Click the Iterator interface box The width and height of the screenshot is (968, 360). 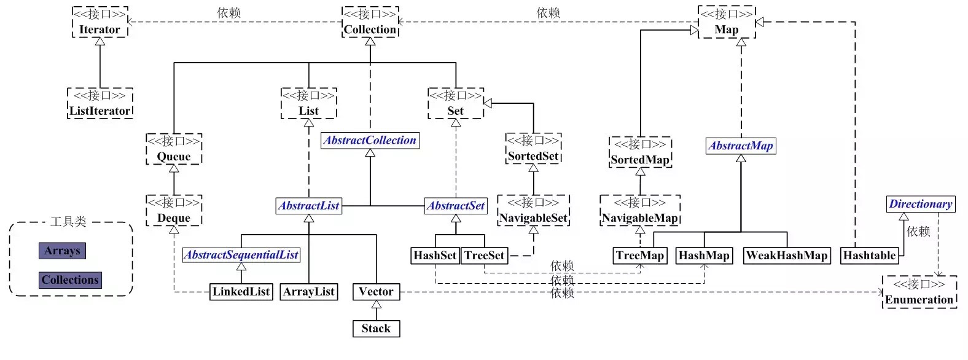100,23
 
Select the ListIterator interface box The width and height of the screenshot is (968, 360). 100,103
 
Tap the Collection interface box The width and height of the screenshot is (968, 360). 370,23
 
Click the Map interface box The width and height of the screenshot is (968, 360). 726,23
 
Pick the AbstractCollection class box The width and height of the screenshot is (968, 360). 370,140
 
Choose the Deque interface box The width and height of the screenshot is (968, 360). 174,211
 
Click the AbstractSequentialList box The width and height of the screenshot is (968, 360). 241,254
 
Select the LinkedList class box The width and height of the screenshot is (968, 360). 241,292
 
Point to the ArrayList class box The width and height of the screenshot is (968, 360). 308,292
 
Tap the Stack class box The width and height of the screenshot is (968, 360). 376,329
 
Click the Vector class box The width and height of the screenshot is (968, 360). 376,292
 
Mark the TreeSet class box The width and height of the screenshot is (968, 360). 484,256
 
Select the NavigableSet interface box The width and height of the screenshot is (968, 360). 533,211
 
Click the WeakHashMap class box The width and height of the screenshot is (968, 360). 787,256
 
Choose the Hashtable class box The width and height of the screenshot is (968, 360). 869,256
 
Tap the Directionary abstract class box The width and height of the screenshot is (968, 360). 921,204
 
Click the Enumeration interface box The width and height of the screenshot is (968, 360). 919,292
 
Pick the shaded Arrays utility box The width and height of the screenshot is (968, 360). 62,251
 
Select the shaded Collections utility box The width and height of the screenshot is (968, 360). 70,280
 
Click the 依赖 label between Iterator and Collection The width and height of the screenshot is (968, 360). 229,13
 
